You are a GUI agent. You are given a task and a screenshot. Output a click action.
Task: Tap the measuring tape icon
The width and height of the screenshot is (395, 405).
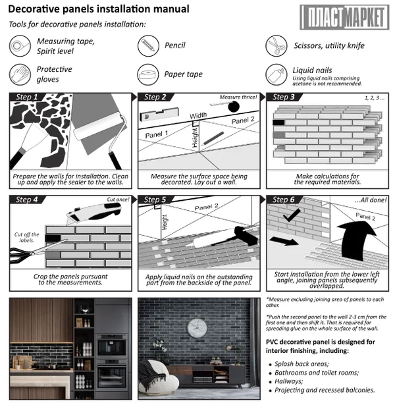coord(20,45)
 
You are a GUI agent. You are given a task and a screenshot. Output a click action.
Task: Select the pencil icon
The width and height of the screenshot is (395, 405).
coord(147,45)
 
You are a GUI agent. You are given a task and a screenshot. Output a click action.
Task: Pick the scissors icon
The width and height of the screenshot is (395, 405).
coord(275,45)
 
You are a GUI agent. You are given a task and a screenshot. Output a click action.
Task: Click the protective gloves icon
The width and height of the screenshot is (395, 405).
coord(20,74)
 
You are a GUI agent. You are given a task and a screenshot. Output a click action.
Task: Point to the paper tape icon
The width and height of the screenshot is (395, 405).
coord(147,74)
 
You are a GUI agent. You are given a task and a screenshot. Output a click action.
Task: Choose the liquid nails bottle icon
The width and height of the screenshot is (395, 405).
coord(275,74)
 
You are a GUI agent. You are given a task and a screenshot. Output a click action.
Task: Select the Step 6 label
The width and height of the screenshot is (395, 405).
coord(285,199)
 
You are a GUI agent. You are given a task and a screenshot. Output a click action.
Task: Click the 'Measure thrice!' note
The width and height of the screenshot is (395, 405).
coord(238,97)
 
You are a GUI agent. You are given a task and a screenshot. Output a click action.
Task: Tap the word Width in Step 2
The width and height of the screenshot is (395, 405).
coord(198,116)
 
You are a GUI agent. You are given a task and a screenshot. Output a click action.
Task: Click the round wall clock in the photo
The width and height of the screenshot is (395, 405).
coord(197,327)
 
